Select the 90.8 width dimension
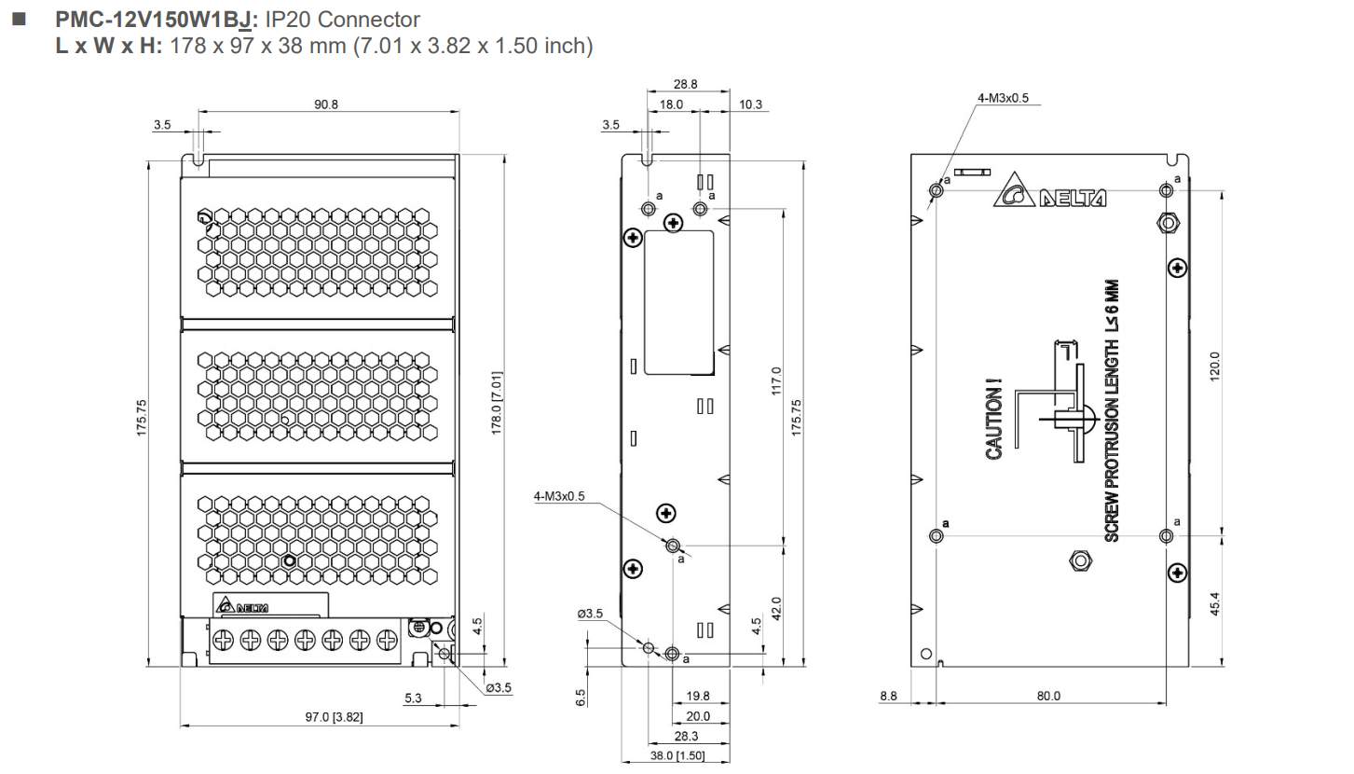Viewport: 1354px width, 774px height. point(325,104)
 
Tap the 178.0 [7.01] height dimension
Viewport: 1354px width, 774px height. point(497,403)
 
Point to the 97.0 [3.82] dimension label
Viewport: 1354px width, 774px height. point(334,716)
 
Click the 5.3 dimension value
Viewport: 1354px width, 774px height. point(413,698)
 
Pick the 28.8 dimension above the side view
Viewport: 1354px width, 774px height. point(686,84)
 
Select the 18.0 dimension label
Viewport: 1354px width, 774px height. point(671,104)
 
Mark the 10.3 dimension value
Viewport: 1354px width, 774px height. point(750,104)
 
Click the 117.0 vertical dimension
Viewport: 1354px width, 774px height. point(776,380)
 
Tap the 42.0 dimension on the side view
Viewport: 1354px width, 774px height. point(776,607)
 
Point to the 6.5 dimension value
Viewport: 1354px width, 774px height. point(581,697)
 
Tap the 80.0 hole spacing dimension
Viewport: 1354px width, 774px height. point(1048,696)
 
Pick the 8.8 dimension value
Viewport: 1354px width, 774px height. point(888,696)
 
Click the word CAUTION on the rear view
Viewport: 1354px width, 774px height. point(994,419)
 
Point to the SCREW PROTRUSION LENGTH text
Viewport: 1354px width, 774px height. point(1111,410)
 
